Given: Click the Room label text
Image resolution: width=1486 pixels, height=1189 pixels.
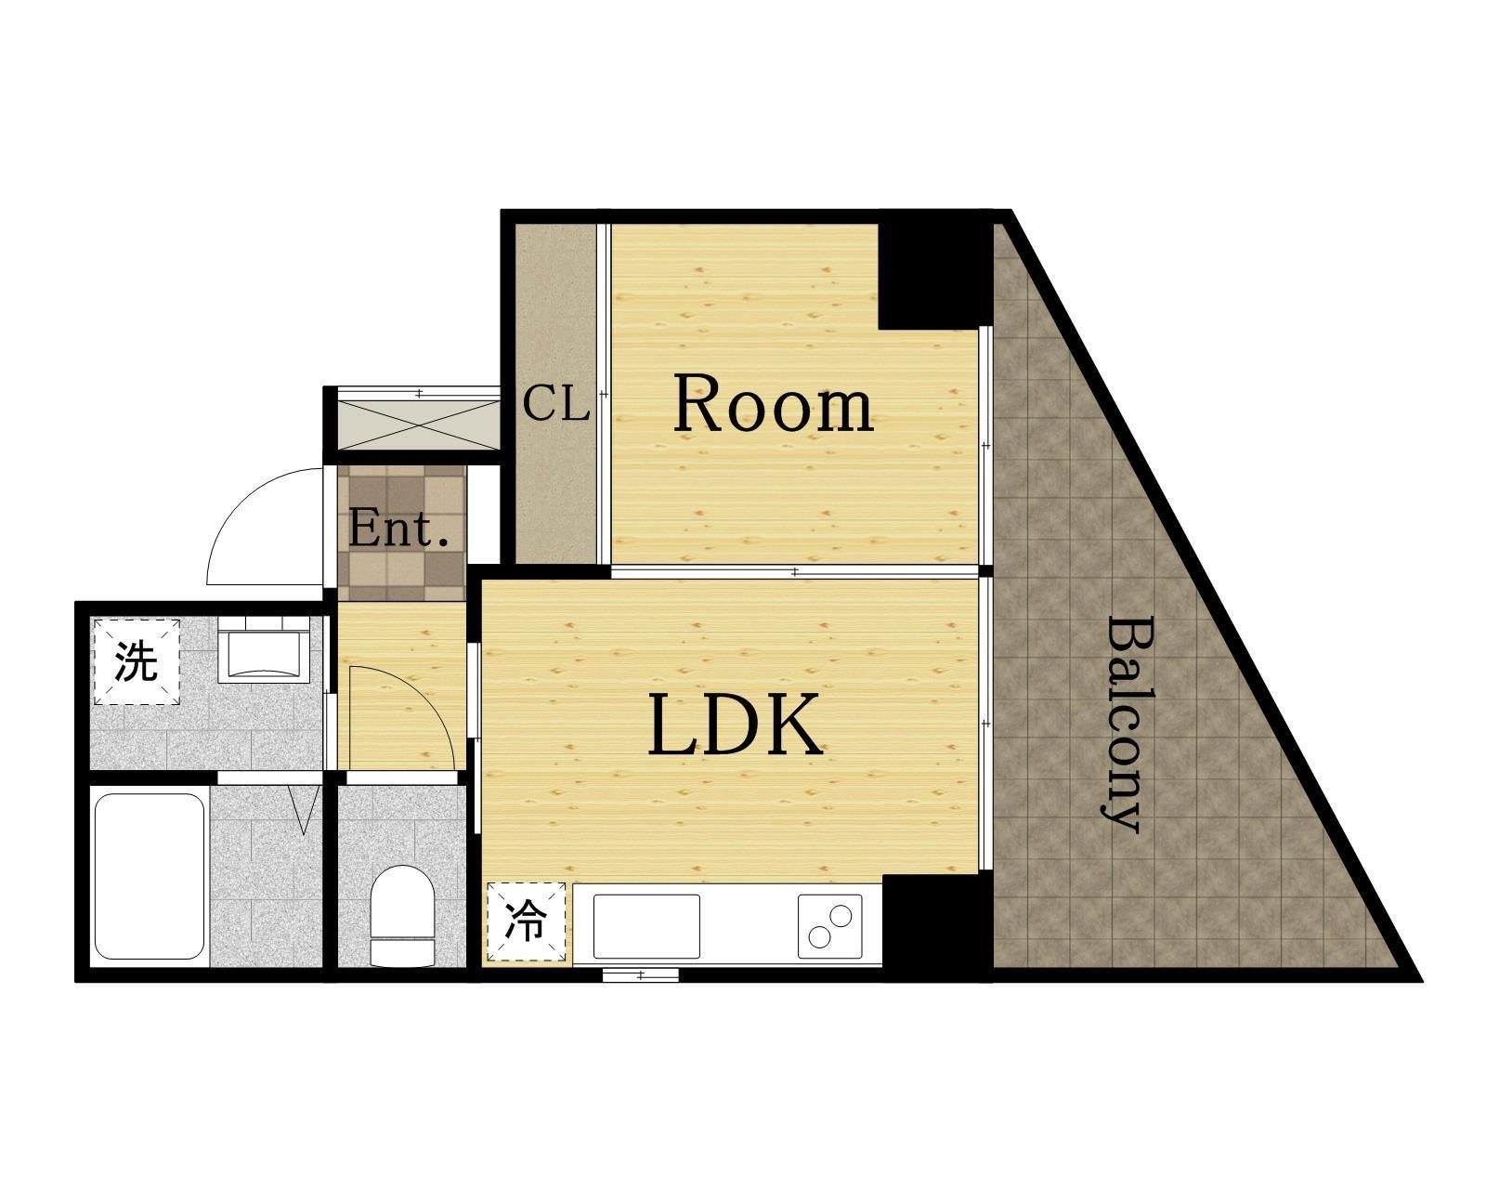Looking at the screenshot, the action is coord(774,404).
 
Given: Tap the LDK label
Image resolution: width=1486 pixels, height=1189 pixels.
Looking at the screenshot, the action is coord(736,725).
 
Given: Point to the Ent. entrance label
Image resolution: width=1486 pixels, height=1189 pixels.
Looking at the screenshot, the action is coord(398,529).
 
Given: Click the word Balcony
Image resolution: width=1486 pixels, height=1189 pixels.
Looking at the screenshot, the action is coord(1120,725).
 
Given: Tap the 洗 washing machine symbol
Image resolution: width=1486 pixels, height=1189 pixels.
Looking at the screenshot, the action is coord(137,661).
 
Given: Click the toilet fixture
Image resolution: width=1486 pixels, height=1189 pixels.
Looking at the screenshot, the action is coord(402,916).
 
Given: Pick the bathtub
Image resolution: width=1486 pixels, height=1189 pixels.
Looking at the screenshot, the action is coord(150,876).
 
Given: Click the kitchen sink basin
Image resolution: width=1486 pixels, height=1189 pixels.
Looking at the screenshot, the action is coord(646,926).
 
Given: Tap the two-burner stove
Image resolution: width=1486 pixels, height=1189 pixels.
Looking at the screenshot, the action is coord(830,926).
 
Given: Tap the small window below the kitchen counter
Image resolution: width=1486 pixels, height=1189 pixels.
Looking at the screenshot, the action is coord(641,974).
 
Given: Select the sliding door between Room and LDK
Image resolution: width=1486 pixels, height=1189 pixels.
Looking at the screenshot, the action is coord(795,571).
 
